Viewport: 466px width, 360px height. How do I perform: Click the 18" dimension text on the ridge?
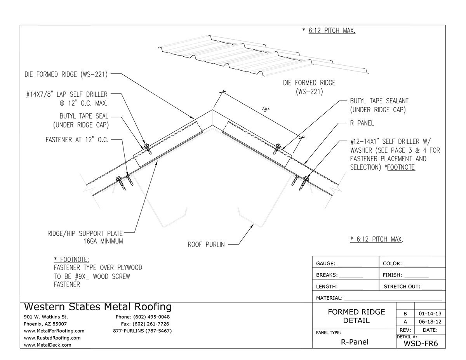[x=266, y=110]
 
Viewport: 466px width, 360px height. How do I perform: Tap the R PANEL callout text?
[x=362, y=123]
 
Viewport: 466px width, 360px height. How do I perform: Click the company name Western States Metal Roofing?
[x=97, y=307]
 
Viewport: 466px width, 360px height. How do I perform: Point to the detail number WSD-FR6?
[x=421, y=343]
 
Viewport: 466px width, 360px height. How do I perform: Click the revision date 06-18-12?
[x=430, y=322]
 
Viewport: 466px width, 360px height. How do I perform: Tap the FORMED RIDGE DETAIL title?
[x=356, y=316]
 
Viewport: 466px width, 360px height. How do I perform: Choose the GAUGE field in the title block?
[x=326, y=263]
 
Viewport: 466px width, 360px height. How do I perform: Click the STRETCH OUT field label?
[x=402, y=287]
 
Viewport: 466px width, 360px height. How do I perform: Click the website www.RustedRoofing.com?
[x=52, y=338]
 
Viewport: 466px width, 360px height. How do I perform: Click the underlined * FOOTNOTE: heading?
[x=71, y=259]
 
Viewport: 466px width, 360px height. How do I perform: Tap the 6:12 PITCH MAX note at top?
[x=332, y=30]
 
